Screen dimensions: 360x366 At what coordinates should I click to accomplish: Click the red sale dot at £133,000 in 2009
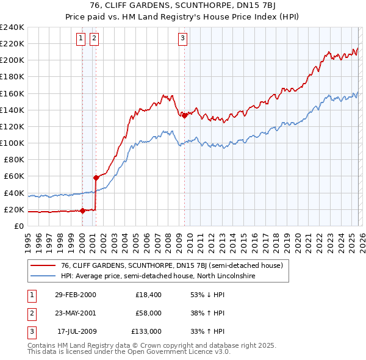pos(184,115)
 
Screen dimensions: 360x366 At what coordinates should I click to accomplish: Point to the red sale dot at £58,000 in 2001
pos(96,178)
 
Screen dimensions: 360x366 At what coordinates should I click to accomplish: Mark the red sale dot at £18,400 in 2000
pos(82,211)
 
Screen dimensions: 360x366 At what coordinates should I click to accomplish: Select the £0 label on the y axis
pos(18,226)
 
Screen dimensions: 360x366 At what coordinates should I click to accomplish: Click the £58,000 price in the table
pos(148,313)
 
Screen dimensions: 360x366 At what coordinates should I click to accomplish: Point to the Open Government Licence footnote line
pos(129,351)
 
